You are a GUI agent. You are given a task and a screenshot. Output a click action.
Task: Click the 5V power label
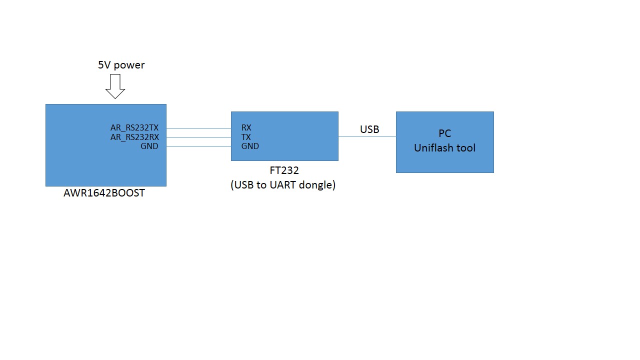click(x=121, y=65)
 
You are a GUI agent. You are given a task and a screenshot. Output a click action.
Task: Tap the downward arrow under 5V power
click(x=115, y=86)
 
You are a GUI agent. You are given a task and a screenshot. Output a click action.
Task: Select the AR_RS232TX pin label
click(x=134, y=128)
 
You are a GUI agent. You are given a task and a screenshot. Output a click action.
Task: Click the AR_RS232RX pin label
click(x=134, y=137)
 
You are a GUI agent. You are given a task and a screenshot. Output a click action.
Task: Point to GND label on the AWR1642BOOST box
click(x=149, y=146)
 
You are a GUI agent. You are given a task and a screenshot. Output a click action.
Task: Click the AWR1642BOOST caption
click(x=104, y=193)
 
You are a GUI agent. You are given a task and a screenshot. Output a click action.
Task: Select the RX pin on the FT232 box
click(x=246, y=128)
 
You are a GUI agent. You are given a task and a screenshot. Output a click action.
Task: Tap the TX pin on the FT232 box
click(x=246, y=137)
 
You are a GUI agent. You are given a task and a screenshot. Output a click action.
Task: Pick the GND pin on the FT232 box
click(x=250, y=146)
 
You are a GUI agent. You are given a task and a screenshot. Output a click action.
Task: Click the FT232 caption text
click(x=284, y=171)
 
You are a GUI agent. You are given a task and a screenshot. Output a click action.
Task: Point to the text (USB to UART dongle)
click(x=283, y=185)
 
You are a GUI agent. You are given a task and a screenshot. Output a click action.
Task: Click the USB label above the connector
click(x=369, y=129)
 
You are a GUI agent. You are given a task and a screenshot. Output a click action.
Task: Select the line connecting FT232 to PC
click(x=367, y=136)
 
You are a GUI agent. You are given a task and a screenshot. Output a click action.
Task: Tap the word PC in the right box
click(x=444, y=133)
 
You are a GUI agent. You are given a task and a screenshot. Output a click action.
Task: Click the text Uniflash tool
click(x=444, y=148)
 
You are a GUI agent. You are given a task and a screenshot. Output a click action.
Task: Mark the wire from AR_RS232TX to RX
click(x=198, y=128)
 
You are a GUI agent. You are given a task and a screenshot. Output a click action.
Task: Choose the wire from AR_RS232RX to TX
click(x=198, y=137)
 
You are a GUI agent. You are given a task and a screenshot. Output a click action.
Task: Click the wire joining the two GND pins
click(x=198, y=146)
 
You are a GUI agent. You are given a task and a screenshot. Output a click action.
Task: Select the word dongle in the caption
click(x=319, y=185)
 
